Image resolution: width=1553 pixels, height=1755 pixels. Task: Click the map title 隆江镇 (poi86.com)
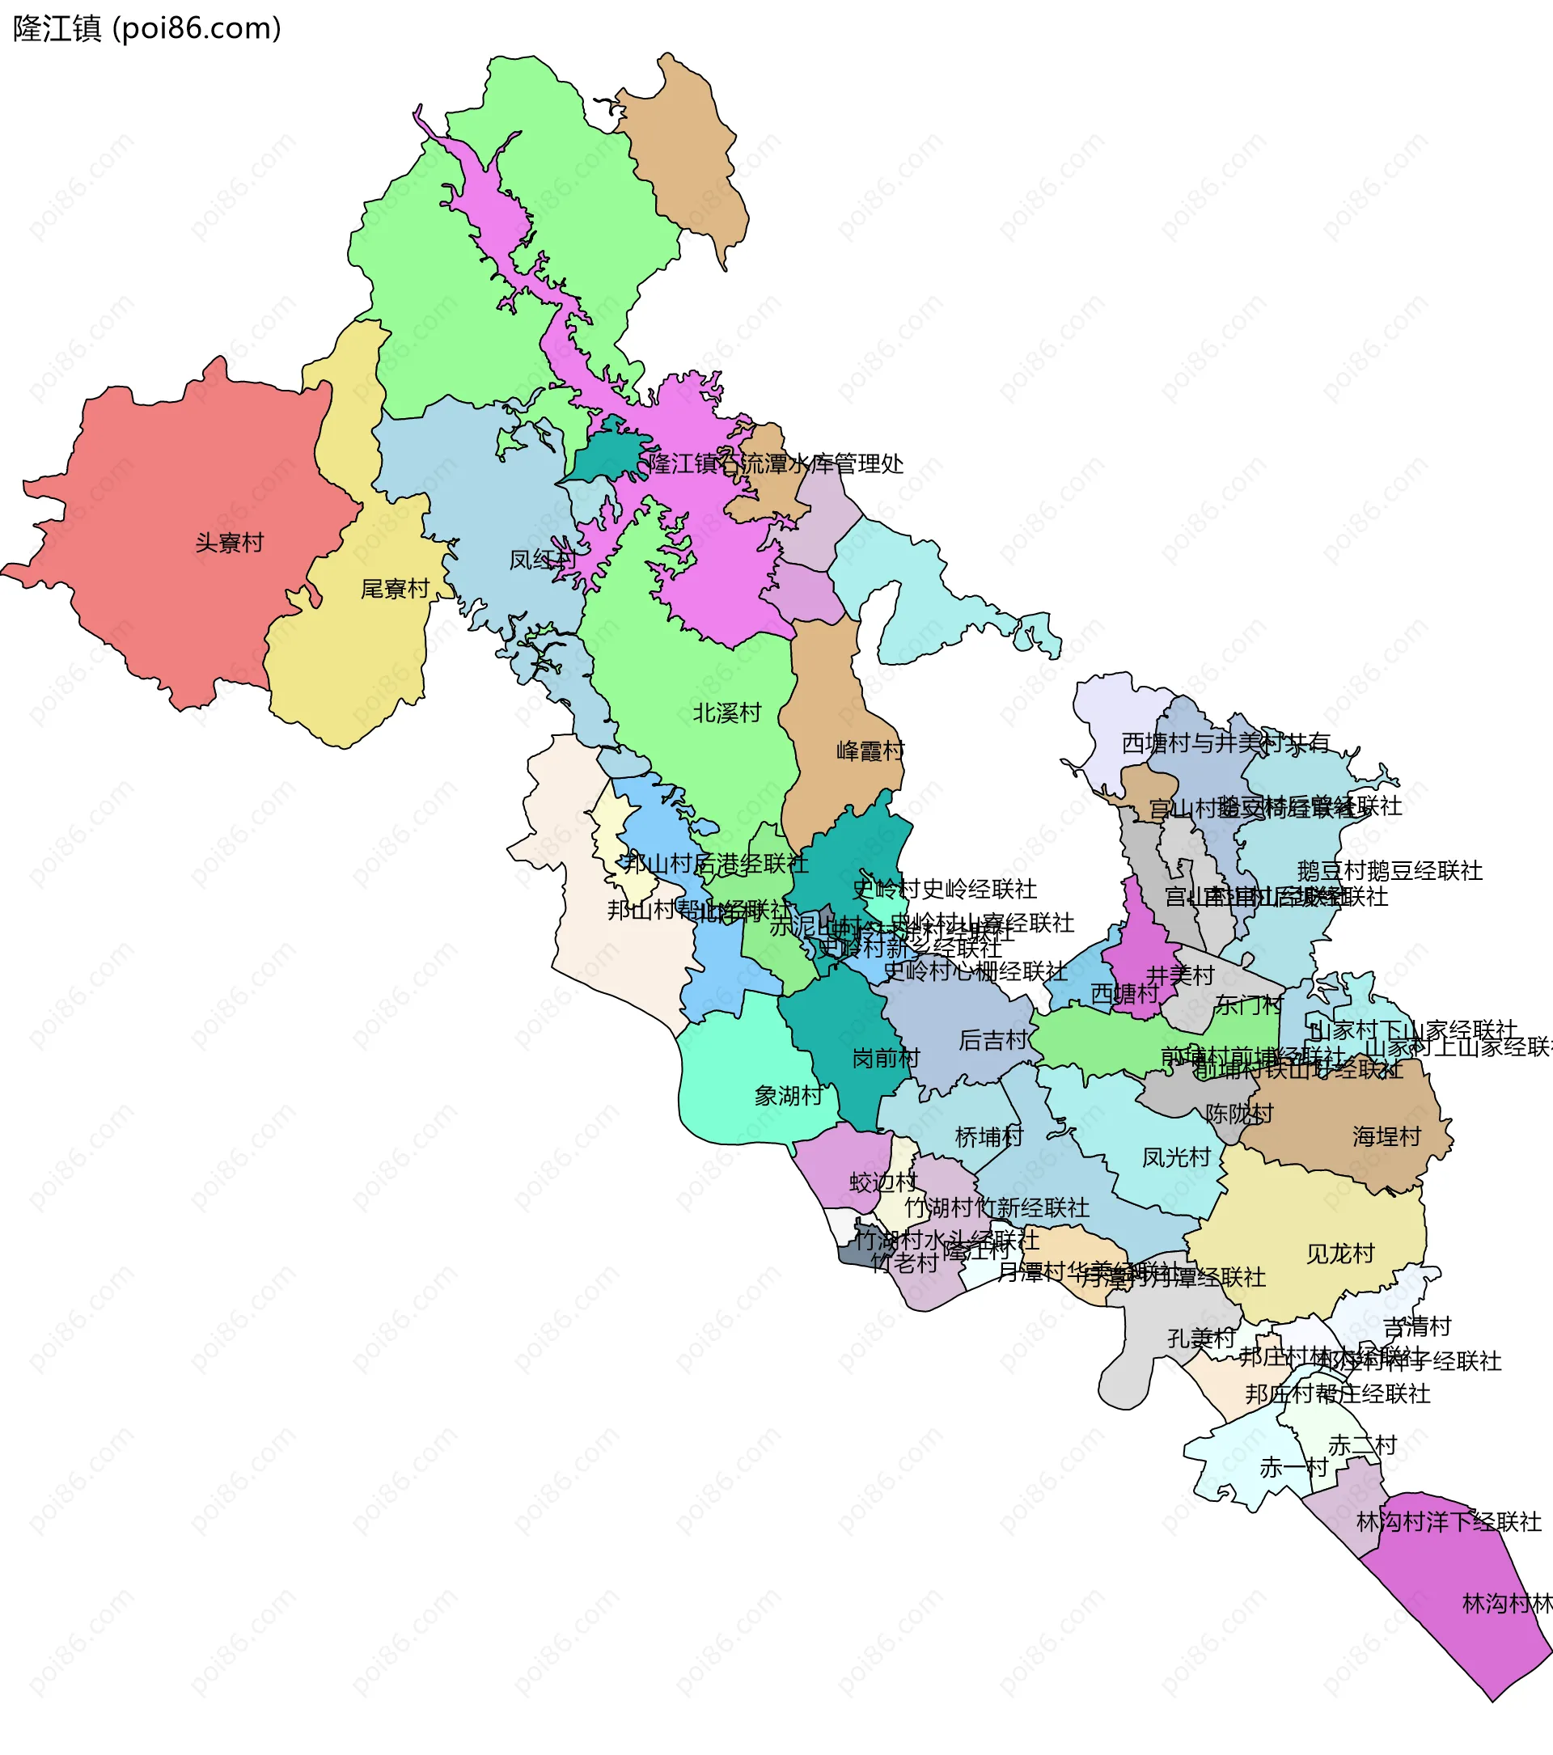click(146, 29)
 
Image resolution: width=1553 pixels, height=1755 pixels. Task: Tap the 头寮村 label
click(229, 543)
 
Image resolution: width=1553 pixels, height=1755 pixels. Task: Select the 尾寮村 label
click(395, 589)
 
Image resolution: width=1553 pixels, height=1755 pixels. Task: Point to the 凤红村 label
click(543, 560)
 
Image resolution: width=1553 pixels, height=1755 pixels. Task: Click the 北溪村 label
click(727, 713)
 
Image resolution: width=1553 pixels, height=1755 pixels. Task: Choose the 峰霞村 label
click(870, 751)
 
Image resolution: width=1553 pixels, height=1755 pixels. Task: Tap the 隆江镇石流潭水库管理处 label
click(775, 464)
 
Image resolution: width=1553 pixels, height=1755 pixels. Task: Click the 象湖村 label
click(788, 1096)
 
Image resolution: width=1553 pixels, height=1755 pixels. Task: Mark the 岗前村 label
click(885, 1059)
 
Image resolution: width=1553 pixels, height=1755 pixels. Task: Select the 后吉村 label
click(992, 1041)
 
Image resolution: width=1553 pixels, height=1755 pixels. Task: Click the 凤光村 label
click(1175, 1157)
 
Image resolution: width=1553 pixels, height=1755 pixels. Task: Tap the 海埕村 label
click(1386, 1137)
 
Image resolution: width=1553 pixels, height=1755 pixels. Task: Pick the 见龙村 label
click(1340, 1254)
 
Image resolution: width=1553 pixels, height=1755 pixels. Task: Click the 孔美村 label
click(1201, 1338)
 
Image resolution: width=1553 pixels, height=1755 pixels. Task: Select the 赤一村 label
click(1293, 1467)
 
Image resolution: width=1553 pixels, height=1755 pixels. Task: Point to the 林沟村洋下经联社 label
click(1449, 1522)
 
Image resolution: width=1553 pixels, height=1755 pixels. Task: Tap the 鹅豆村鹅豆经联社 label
click(1389, 872)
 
